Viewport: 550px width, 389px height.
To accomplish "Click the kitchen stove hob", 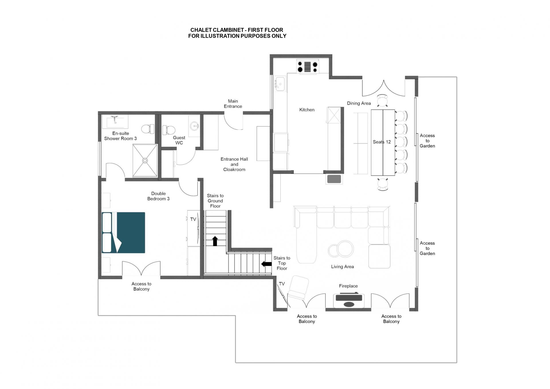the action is coord(307,67).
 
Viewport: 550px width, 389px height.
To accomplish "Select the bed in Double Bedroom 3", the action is coord(123,233).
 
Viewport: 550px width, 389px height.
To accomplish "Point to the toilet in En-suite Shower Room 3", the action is coord(148,129).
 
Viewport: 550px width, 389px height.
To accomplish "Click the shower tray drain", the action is coord(145,161).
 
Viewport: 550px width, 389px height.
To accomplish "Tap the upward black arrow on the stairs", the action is coord(215,241).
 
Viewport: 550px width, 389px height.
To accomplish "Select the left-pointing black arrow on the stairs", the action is coord(266,263).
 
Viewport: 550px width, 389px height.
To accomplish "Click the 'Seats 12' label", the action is coord(382,142).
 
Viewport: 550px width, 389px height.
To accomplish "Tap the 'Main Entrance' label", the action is coord(233,104).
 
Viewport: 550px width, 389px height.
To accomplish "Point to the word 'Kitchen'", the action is coord(307,110).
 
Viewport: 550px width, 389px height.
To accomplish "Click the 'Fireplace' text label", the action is coord(348,286).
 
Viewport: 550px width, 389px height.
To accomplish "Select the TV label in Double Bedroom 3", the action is coord(193,219).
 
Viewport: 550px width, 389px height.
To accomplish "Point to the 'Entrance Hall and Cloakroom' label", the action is coord(234,164).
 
